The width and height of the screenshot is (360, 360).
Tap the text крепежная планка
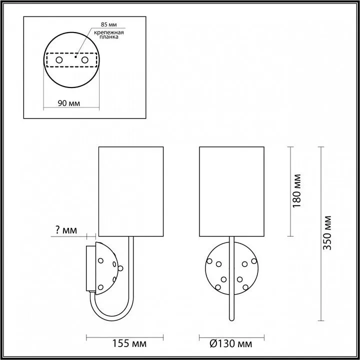(109, 34)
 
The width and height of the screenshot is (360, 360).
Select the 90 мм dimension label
(69, 103)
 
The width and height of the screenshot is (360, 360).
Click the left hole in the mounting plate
(59, 60)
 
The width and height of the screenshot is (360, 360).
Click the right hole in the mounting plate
(84, 60)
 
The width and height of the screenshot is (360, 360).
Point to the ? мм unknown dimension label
(66, 230)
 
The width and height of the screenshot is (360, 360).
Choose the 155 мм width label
(129, 343)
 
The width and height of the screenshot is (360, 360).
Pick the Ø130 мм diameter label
(230, 343)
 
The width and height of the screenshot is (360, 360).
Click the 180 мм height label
(296, 191)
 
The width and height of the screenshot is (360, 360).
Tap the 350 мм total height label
(327, 232)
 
